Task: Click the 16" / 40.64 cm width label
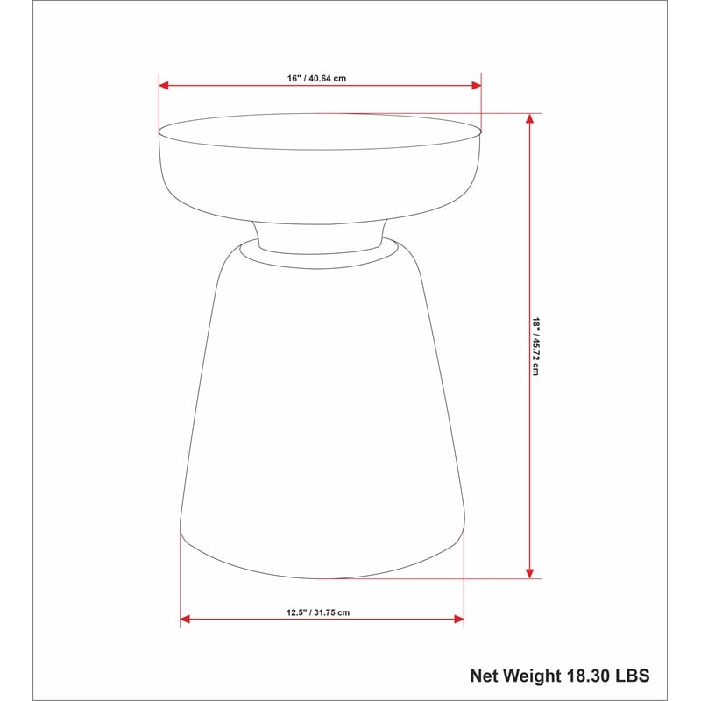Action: (x=316, y=78)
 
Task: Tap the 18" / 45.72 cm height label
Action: (x=535, y=346)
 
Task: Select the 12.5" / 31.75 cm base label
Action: (x=318, y=612)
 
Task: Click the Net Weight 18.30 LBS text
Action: (x=560, y=676)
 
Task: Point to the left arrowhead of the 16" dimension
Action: (x=164, y=85)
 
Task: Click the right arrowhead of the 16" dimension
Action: (x=477, y=85)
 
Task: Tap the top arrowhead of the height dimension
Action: (x=530, y=118)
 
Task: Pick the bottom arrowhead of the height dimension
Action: (x=530, y=574)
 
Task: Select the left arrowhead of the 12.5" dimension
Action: (x=185, y=620)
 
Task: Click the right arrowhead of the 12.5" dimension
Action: (x=459, y=620)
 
